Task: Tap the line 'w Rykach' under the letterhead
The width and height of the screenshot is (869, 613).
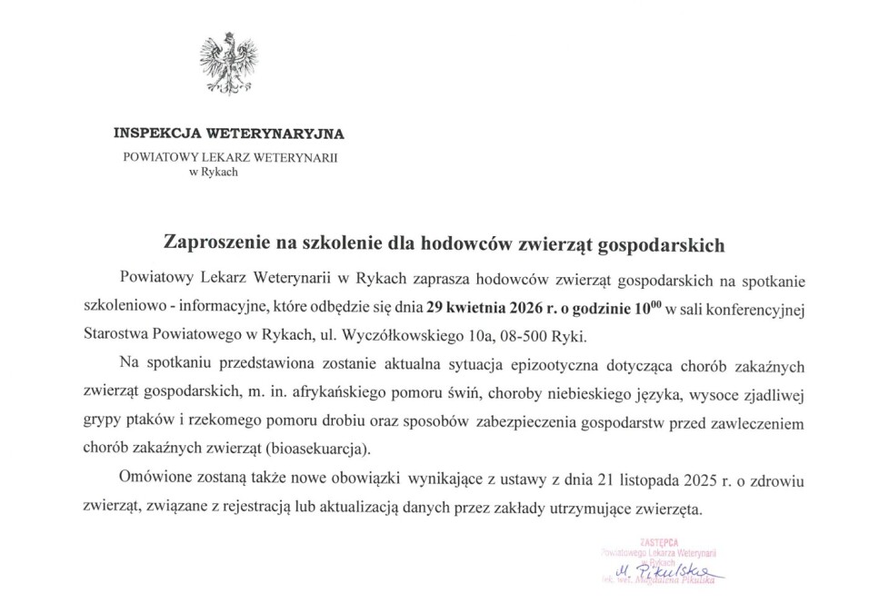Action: [x=214, y=172]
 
